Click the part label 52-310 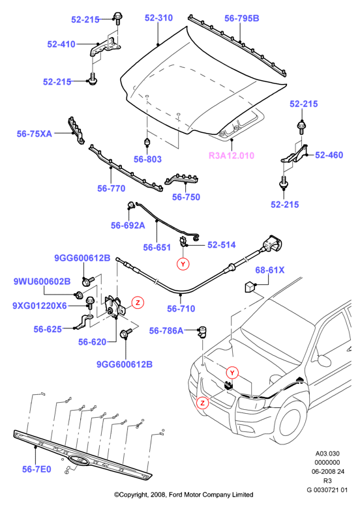pos(158,18)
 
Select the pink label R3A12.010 pos(232,156)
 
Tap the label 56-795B pos(241,18)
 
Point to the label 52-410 pos(61,44)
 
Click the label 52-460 pos(329,155)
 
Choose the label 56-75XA pos(35,134)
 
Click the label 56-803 pos(147,159)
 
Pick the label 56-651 pos(157,248)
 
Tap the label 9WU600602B pos(42,282)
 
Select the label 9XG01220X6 pos(40,306)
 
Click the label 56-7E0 pos(37,469)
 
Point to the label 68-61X pos(270,270)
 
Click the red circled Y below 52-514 pos(183,264)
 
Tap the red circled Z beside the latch pos(138,302)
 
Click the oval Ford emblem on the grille pos(78,459)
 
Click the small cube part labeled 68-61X pos(250,287)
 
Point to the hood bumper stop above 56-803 pos(147,142)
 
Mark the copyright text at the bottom pos(184,495)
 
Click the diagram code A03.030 pos(327,454)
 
